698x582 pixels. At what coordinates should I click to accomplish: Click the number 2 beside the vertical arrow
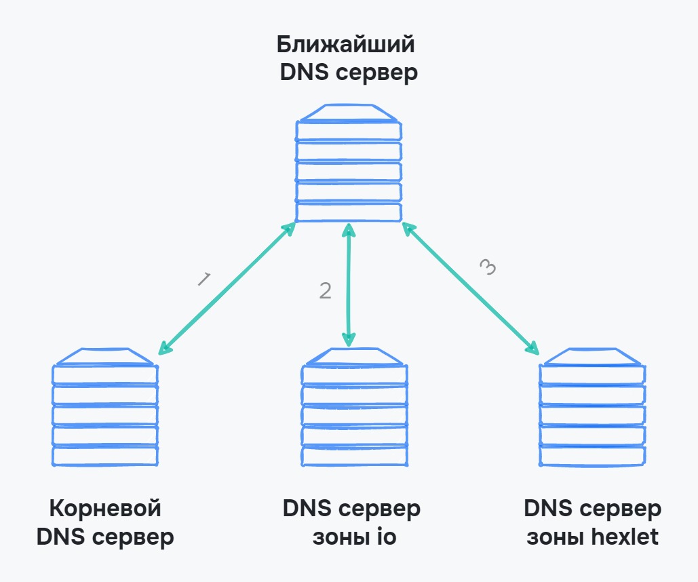[x=326, y=290]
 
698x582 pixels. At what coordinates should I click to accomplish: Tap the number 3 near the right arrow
[x=488, y=267]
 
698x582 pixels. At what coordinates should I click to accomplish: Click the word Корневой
[x=105, y=509]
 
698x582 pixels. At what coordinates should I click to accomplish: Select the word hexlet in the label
[x=625, y=537]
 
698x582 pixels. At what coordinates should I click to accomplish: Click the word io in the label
[x=385, y=537]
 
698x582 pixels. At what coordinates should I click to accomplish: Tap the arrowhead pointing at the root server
[x=163, y=349]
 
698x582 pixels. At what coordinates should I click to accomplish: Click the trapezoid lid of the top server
[x=349, y=113]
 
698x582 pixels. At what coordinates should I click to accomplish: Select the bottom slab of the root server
[x=105, y=456]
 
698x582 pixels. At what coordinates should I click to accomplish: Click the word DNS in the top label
[x=302, y=73]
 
